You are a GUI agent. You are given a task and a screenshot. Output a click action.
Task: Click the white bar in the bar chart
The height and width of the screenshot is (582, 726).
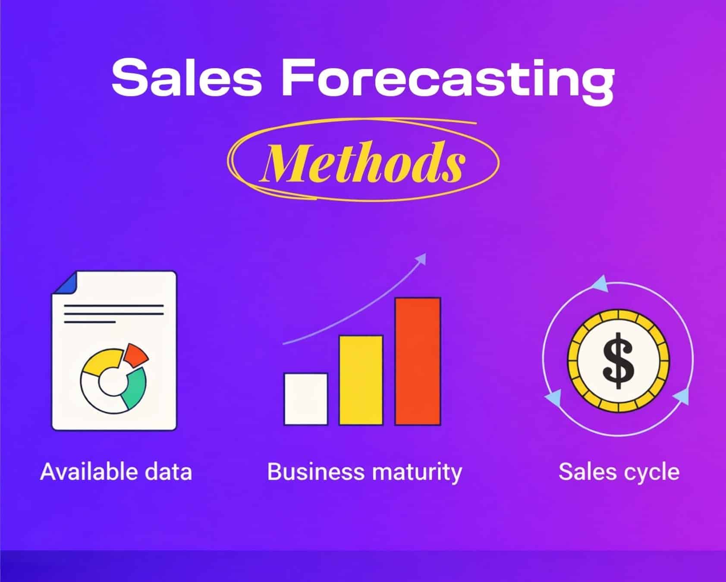coord(305,399)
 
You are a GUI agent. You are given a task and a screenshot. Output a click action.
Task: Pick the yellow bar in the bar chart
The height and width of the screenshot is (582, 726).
coord(361,379)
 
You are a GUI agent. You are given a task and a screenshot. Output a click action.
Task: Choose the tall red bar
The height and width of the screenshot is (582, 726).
coord(418,361)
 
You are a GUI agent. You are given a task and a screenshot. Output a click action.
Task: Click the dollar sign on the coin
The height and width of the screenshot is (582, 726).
coord(618,360)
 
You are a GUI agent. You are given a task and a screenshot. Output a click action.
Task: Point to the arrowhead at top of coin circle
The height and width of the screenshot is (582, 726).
coord(600,285)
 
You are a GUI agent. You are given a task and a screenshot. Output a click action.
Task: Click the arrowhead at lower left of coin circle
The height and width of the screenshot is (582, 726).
coord(553,397)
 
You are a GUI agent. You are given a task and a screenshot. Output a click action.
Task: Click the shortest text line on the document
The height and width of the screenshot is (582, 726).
coord(90,322)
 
